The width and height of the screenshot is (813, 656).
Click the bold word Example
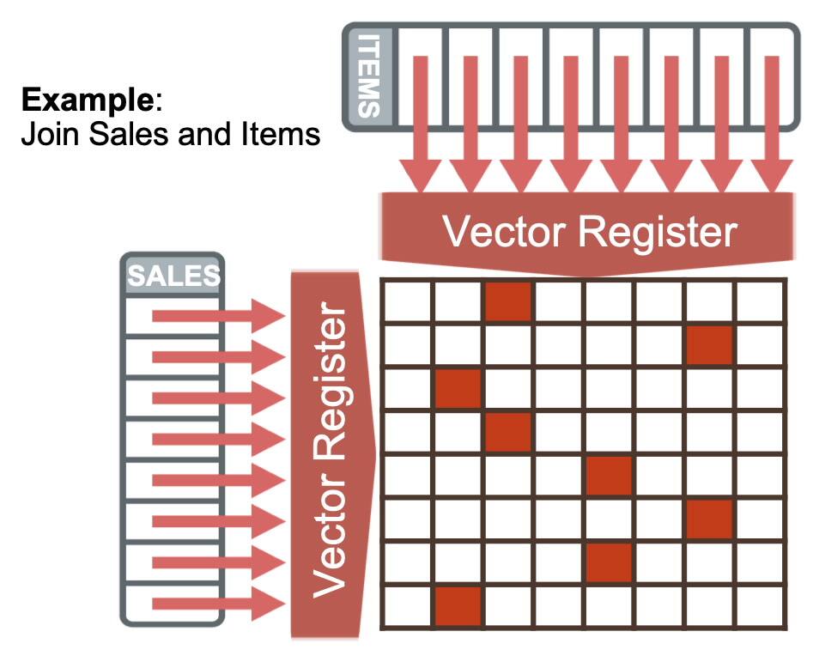[87, 100]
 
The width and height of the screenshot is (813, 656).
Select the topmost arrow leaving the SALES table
[219, 316]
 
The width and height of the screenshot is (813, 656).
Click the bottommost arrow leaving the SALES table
[219, 604]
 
